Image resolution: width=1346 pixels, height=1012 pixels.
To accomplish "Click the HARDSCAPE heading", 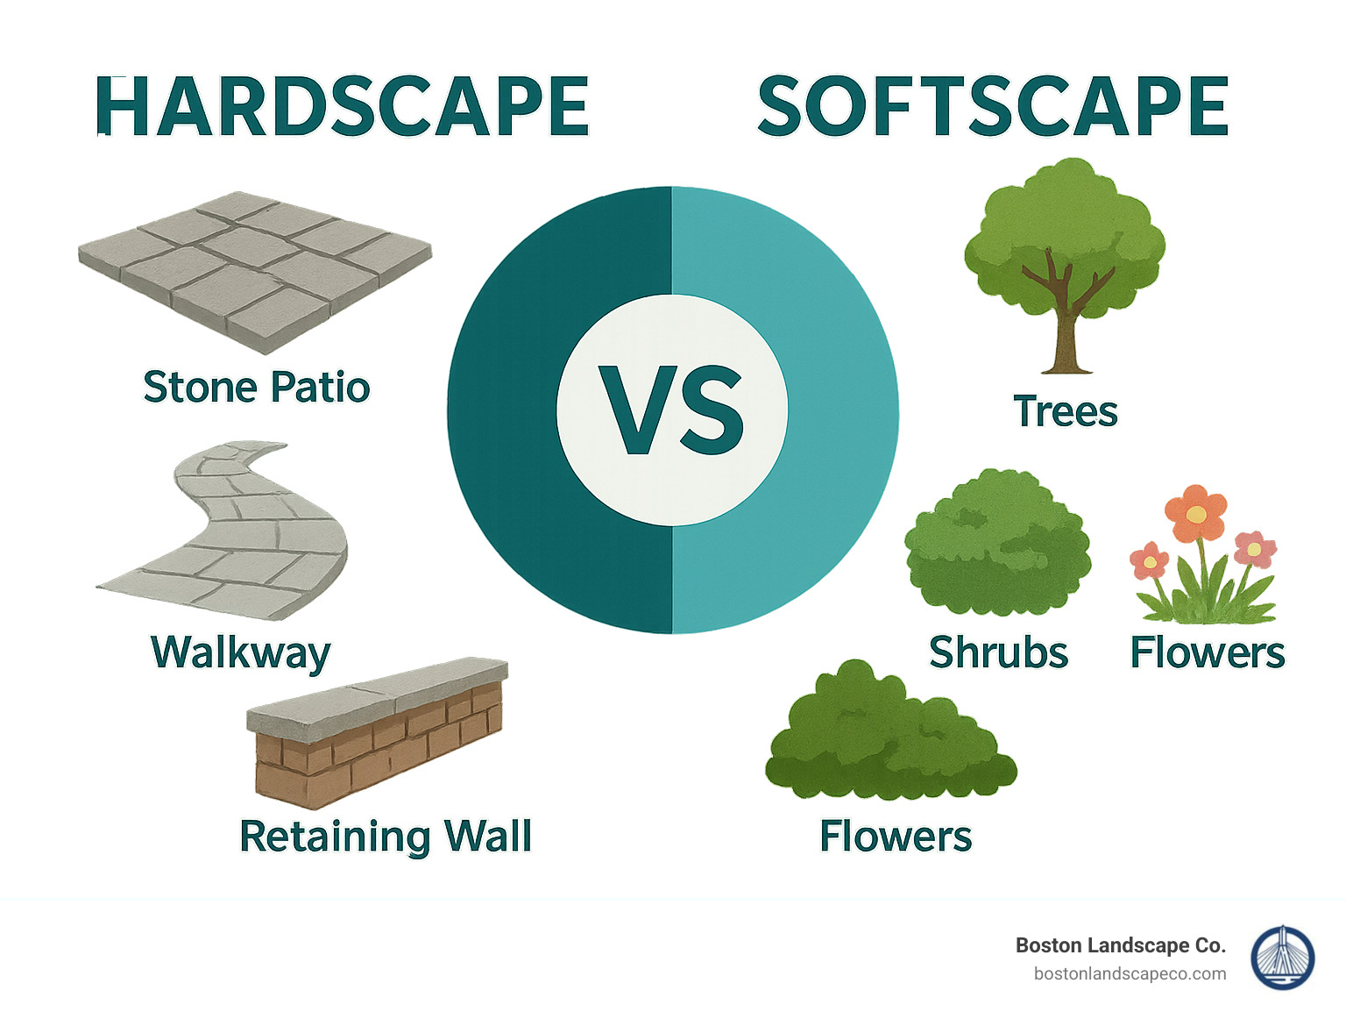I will coord(342,107).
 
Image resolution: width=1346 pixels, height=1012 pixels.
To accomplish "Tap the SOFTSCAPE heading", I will coord(992,107).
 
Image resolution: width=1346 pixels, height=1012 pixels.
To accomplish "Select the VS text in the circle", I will coord(671,410).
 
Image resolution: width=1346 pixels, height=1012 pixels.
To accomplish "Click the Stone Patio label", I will coord(256,388).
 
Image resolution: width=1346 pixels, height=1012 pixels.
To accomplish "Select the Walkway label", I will coord(241,652).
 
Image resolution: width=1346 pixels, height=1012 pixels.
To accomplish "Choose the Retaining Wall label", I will coord(386,836).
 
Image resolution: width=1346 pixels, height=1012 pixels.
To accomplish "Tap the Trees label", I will coord(1066,412).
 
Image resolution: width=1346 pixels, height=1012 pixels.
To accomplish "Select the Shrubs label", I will coord(998,653).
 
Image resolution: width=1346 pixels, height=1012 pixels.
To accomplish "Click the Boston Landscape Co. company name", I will coord(1120,945).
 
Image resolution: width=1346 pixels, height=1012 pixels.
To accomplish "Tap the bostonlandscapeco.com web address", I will coord(1130,973).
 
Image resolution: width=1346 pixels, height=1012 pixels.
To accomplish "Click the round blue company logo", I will coord(1282,959).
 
